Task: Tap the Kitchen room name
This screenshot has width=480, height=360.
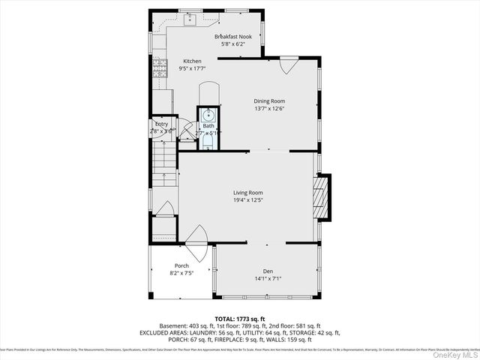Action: click(193, 61)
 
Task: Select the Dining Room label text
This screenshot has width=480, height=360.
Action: click(268, 101)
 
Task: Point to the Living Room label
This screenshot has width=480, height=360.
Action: click(247, 192)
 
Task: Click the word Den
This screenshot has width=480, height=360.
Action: click(268, 271)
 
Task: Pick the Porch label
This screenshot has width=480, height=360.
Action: click(181, 265)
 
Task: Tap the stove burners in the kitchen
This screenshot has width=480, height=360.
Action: click(158, 72)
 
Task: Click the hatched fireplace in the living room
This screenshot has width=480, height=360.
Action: click(322, 197)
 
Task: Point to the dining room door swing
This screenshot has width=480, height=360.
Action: click(286, 66)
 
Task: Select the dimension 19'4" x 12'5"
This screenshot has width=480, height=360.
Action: click(247, 200)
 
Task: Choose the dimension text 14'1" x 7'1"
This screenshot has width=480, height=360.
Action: click(268, 279)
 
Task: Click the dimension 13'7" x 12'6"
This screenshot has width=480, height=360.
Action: click(268, 109)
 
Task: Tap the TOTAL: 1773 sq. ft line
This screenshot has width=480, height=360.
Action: click(239, 319)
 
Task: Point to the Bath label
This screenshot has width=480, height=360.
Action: click(208, 125)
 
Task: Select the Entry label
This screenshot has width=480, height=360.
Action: click(161, 124)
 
